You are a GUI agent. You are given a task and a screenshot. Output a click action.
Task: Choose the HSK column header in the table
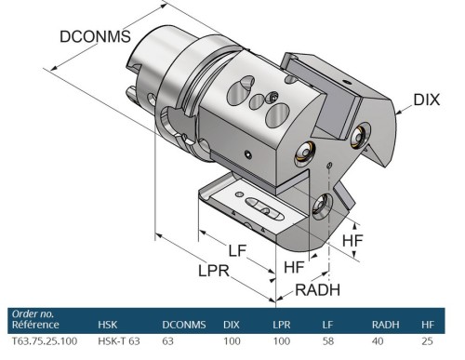pos(109,325)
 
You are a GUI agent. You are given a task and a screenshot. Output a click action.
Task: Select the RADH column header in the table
pos(388,325)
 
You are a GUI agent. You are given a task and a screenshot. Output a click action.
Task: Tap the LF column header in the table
pos(329,325)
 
